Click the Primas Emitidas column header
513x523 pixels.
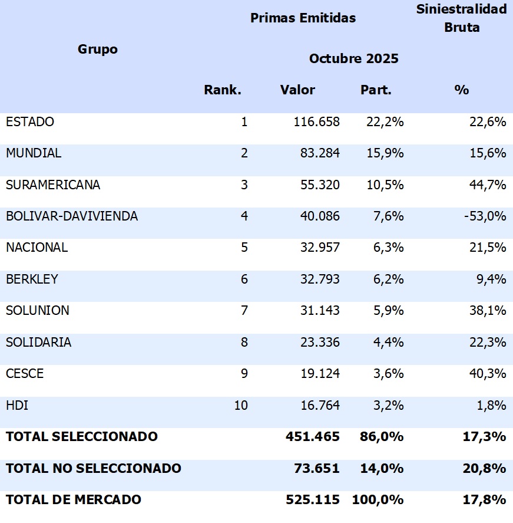(x=303, y=18)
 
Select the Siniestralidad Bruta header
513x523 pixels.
(x=461, y=18)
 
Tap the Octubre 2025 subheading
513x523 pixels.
(x=353, y=58)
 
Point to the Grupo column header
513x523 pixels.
(x=98, y=49)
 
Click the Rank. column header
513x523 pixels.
(x=223, y=90)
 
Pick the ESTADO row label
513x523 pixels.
(x=30, y=121)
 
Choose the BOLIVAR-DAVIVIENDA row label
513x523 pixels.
(x=72, y=216)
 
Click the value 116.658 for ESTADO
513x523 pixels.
(x=316, y=121)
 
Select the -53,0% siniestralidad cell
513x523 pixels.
(x=484, y=216)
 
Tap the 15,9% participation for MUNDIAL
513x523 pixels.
(x=382, y=153)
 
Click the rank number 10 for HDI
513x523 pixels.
(x=241, y=405)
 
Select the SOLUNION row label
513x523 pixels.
(x=38, y=310)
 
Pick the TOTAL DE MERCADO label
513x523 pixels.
(x=74, y=499)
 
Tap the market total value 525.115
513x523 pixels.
(x=312, y=499)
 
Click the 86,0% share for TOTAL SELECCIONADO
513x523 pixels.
(x=382, y=436)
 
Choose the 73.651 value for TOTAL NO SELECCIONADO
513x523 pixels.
(x=316, y=468)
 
